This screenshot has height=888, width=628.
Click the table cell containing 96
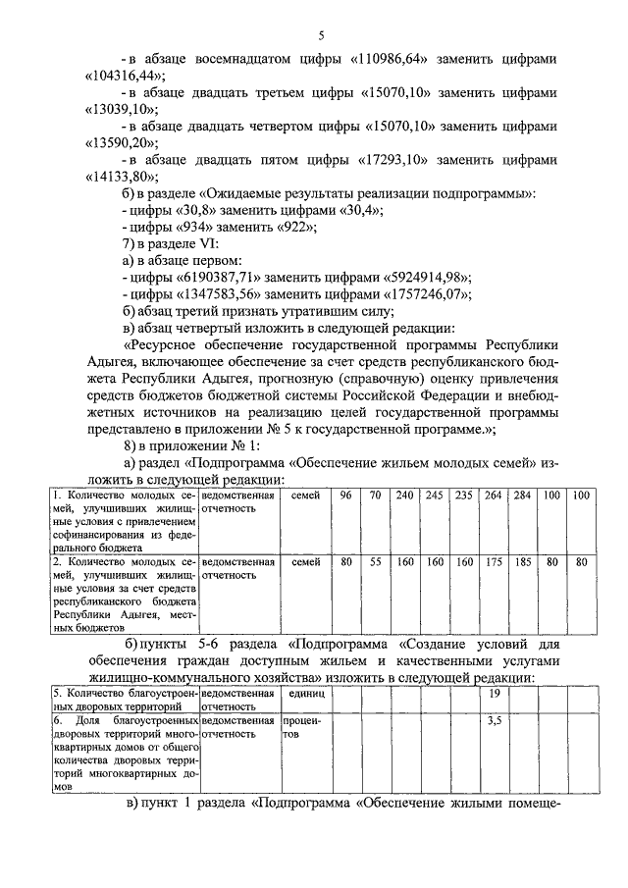[x=345, y=496]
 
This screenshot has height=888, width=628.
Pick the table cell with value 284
[x=522, y=496]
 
